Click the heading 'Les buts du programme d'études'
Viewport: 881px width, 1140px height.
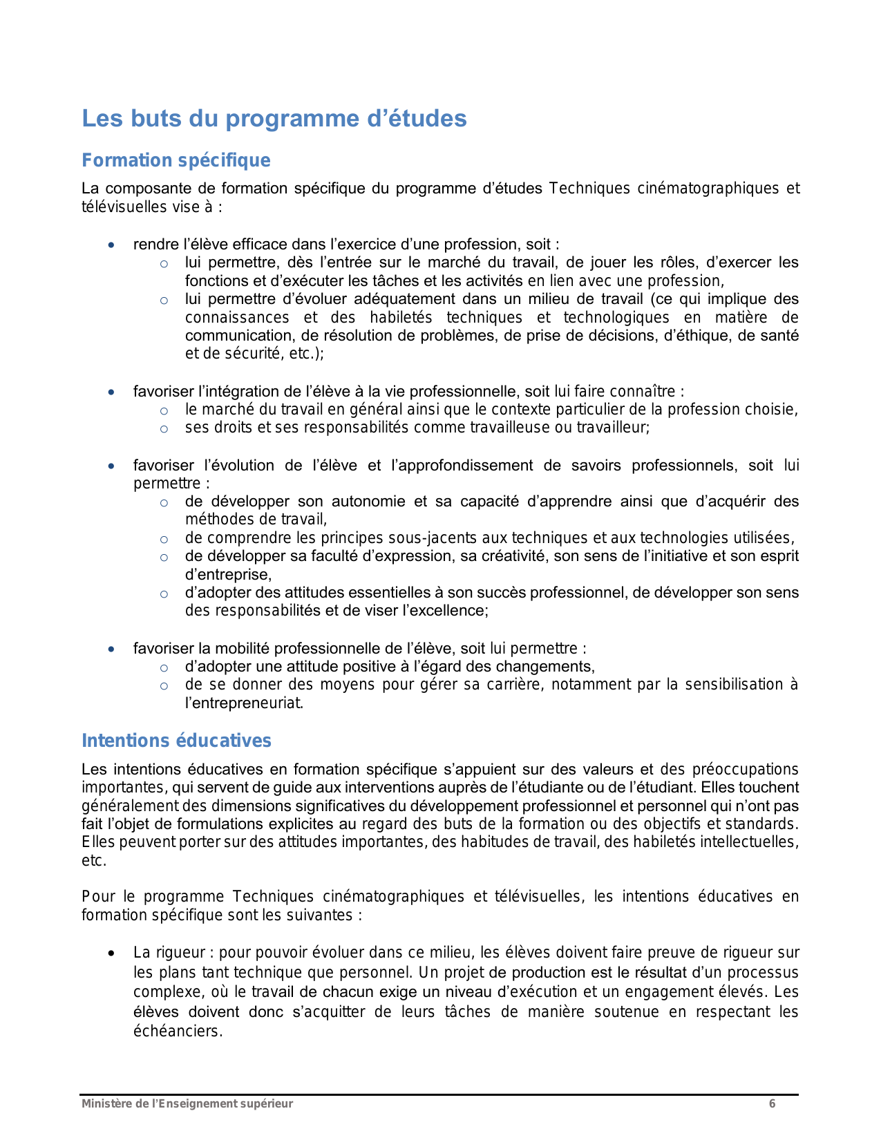coord(274,119)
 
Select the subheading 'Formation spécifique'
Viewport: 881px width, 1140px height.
coord(176,160)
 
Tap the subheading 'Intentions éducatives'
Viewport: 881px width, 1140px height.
coord(176,741)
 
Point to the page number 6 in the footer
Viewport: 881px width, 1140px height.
coord(772,1103)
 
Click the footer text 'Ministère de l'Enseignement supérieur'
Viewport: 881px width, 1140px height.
coord(187,1103)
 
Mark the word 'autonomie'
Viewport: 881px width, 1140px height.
coord(368,502)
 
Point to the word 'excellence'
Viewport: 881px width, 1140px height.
coord(453,611)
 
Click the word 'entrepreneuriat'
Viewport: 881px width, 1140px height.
coord(244,703)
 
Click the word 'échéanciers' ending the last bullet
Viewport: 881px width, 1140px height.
coord(177,1032)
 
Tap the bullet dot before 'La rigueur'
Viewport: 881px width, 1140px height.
coord(111,953)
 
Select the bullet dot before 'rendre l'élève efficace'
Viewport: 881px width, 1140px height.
coord(111,245)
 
